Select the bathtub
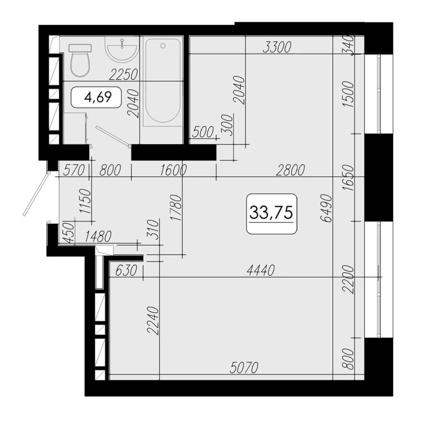point(163,81)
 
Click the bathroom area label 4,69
point(98,97)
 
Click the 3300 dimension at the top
point(277,47)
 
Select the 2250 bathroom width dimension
point(123,75)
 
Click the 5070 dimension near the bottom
point(244,367)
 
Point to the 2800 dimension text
point(290,170)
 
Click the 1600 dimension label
point(173,170)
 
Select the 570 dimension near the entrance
point(74,170)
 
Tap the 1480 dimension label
point(98,237)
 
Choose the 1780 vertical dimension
point(176,208)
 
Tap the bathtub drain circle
point(163,46)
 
